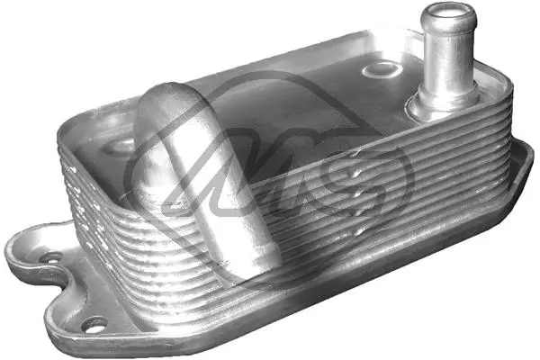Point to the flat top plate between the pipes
pyautogui.click(x=297, y=90)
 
